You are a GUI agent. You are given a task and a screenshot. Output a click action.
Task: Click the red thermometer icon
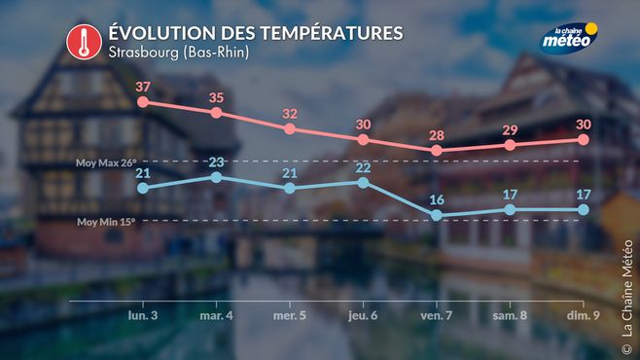[84, 42]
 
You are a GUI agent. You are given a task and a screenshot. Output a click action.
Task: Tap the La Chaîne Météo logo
[569, 38]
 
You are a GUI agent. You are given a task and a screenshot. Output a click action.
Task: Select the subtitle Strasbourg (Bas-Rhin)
[179, 53]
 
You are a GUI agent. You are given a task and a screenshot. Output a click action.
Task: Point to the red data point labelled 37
[143, 102]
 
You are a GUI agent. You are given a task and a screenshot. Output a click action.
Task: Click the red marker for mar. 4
[216, 113]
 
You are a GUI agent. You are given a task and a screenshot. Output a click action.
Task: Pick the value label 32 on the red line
[290, 114]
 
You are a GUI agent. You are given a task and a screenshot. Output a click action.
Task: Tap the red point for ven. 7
[437, 150]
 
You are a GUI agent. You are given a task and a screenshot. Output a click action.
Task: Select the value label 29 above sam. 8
[511, 129]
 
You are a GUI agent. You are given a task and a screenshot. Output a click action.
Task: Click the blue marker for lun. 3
[143, 188]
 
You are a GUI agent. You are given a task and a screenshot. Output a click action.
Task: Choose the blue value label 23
[216, 162]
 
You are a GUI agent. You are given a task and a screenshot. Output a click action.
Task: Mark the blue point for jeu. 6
[363, 183]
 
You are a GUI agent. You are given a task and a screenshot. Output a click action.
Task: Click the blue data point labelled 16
[437, 215]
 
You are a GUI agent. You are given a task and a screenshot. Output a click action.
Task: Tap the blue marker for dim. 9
[584, 210]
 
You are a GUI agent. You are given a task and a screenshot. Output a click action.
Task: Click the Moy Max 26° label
[106, 162]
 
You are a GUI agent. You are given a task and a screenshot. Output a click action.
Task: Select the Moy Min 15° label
[106, 222]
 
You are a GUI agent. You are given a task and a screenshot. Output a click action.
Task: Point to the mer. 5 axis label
[290, 315]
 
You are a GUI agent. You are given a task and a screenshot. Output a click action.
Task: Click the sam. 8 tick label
[510, 315]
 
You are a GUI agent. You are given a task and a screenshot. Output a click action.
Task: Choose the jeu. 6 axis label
[363, 315]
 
